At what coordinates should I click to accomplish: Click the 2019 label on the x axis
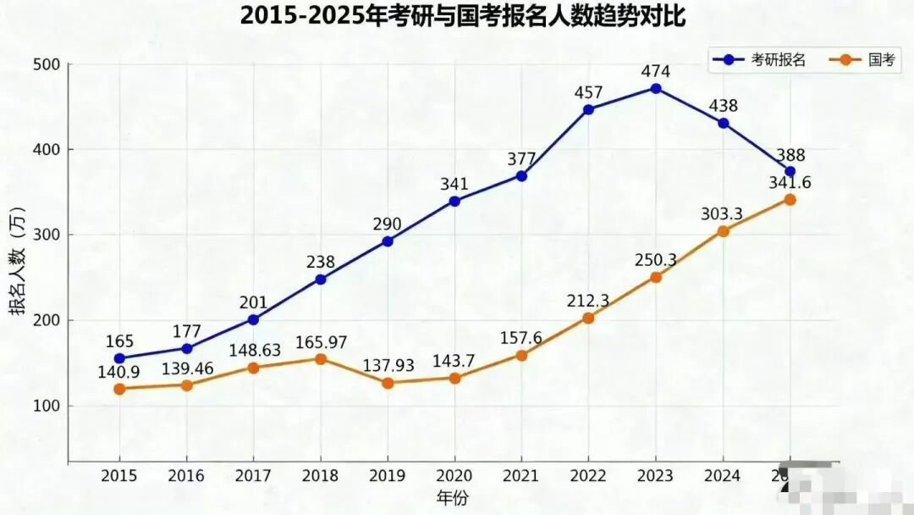coord(388,476)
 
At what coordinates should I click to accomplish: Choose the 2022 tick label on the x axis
coord(588,476)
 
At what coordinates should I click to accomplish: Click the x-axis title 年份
coord(453,496)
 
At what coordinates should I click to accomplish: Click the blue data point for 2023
coord(656,88)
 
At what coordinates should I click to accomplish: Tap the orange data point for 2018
coord(321,359)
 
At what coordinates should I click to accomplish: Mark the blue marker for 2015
coord(119,358)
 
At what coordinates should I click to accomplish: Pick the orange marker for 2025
coord(790,200)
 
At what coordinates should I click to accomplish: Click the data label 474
coord(656,70)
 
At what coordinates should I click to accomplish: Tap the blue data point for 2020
coord(454,202)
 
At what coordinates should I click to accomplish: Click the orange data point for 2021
coord(521,356)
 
